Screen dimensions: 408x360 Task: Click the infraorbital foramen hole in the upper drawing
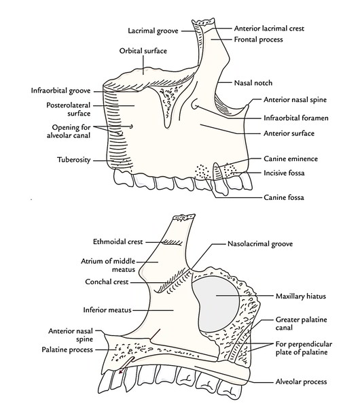click(195, 106)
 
